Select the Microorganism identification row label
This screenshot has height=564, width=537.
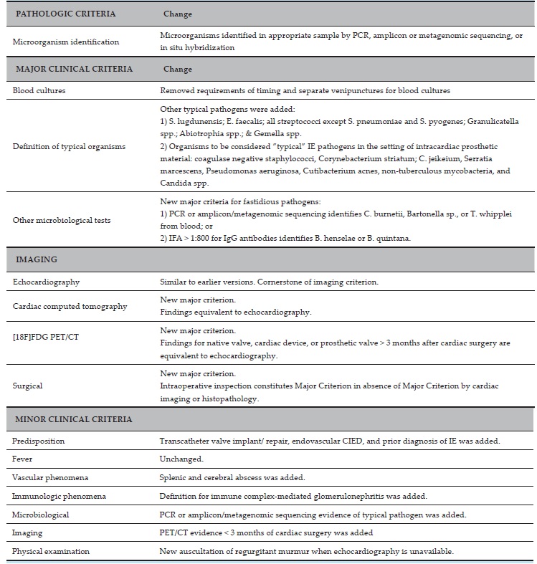tap(66, 42)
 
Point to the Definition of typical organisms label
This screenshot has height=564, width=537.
tap(69, 147)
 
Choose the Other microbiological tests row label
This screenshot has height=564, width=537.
tap(62, 220)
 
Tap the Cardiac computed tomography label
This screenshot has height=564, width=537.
tap(70, 306)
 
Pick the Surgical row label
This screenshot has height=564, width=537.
tap(28, 386)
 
